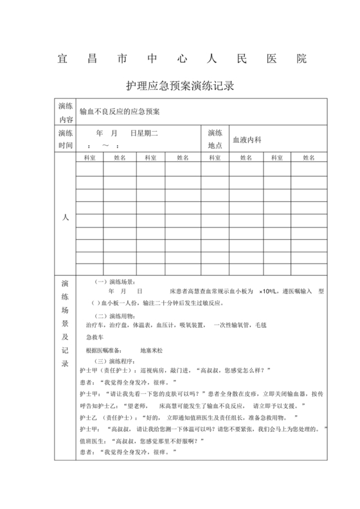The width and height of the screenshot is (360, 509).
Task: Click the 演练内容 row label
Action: pyautogui.click(x=65, y=111)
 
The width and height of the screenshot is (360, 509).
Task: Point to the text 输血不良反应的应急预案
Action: pyautogui.click(x=119, y=111)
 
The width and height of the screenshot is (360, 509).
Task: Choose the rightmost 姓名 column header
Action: pyautogui.click(x=309, y=157)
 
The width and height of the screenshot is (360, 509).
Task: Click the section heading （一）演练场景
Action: pyautogui.click(x=114, y=281)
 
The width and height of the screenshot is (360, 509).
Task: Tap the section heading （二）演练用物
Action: pyautogui.click(x=114, y=316)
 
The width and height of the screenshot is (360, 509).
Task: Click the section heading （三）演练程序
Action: pyautogui.click(x=114, y=361)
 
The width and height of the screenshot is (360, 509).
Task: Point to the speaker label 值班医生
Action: pyautogui.click(x=91, y=441)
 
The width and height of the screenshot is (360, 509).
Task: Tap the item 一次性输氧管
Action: pyautogui.click(x=235, y=326)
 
